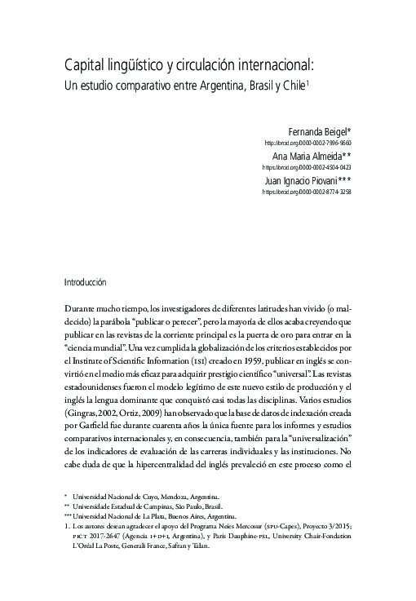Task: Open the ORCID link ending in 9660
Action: click(x=308, y=143)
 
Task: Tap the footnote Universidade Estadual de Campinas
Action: click(x=134, y=506)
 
